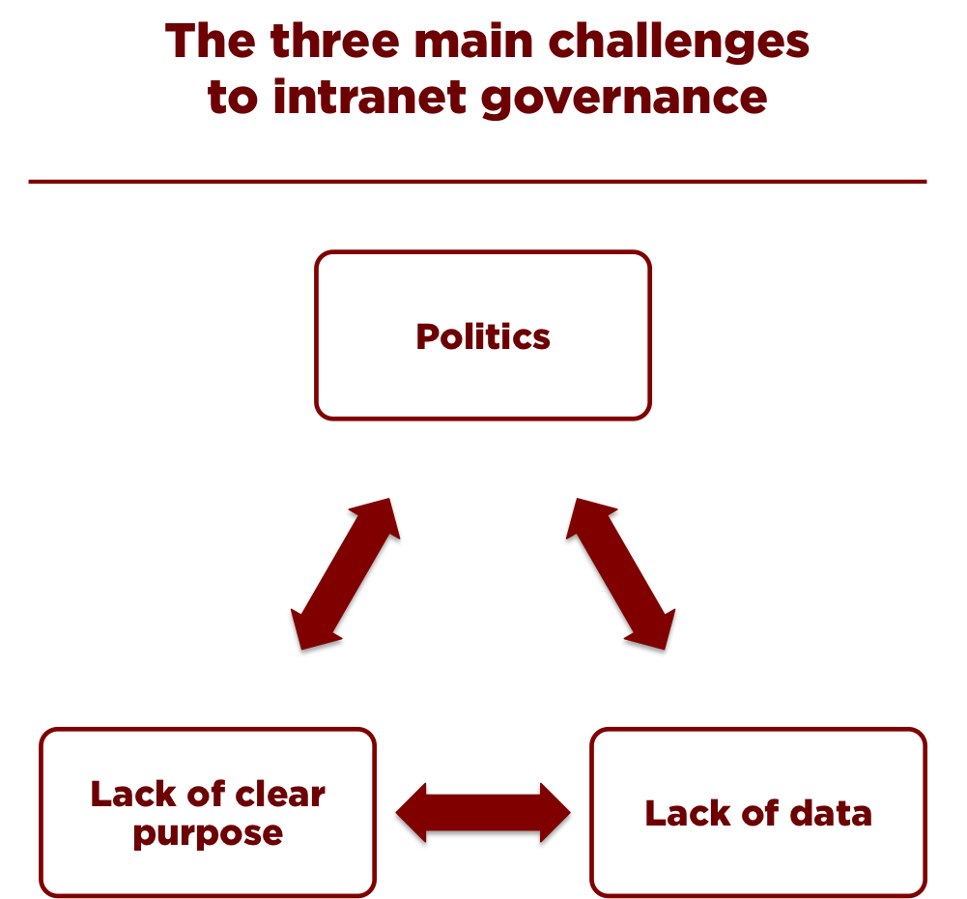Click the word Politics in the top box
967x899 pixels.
click(x=483, y=336)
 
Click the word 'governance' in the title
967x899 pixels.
click(x=624, y=99)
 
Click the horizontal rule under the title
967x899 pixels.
click(x=477, y=181)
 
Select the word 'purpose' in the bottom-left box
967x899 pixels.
click(x=208, y=833)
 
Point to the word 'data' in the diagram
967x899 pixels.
click(x=831, y=813)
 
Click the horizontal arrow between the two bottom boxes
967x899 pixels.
click(x=483, y=814)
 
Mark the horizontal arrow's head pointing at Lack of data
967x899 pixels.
click(x=558, y=814)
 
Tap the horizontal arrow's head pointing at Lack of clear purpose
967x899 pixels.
click(x=408, y=814)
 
